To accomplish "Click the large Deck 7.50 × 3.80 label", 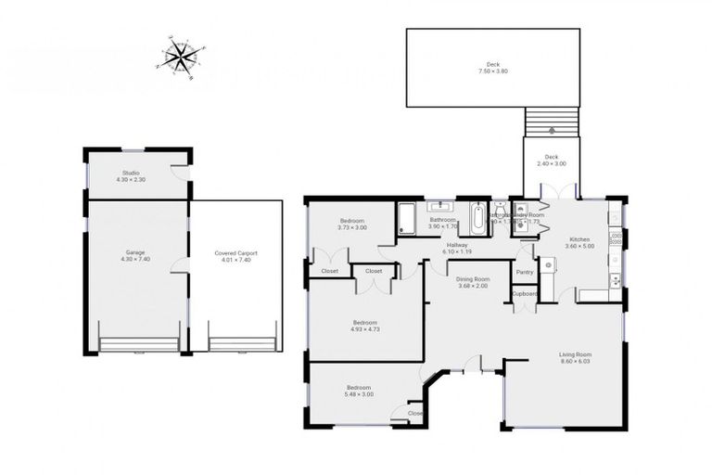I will [492, 68].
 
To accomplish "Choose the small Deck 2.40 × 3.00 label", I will [551, 160].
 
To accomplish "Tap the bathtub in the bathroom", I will [477, 220].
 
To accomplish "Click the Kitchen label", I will [579, 240].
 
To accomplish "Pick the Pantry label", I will [525, 272].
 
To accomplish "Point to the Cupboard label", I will [525, 293].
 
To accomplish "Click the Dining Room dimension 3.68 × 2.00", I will [473, 285].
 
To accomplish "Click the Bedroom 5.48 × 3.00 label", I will [360, 390].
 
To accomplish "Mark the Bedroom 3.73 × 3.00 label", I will [351, 223].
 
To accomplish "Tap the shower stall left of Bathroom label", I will [407, 218].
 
